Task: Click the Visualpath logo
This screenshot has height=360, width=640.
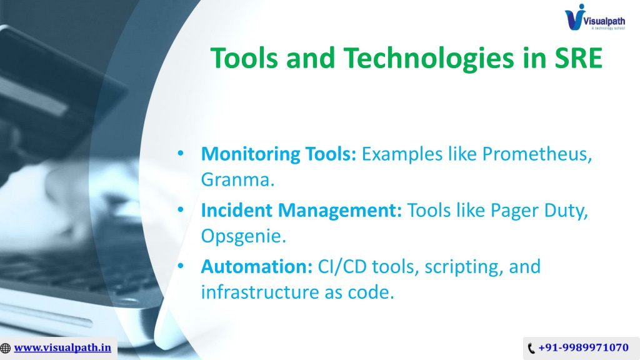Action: [595, 17]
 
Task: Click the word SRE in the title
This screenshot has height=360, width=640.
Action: [578, 58]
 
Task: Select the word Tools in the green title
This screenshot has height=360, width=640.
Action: [244, 58]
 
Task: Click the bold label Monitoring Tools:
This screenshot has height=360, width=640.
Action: [279, 154]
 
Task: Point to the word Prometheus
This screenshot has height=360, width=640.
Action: [537, 154]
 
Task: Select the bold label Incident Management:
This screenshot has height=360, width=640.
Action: [301, 211]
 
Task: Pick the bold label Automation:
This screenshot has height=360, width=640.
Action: [257, 266]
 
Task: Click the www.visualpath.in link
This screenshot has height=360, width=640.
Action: [62, 347]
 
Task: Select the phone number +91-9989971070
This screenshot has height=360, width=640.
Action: [584, 347]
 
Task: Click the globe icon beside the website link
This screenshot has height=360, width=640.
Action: [5, 348]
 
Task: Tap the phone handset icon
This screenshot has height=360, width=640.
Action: [531, 348]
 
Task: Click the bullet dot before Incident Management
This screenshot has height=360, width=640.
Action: [181, 210]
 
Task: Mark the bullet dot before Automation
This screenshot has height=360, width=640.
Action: [181, 266]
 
